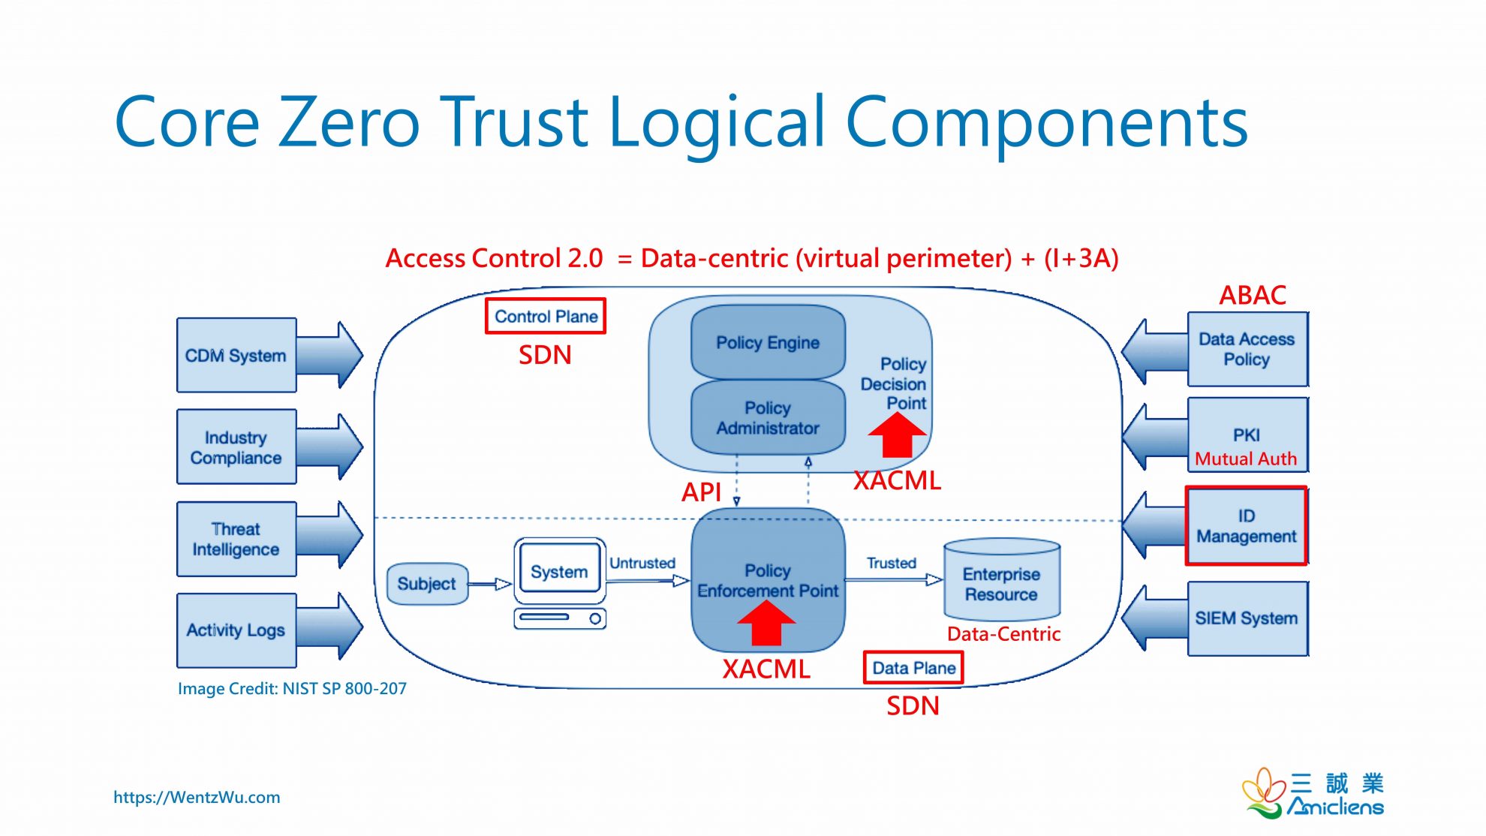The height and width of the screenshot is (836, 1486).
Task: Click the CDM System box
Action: click(236, 355)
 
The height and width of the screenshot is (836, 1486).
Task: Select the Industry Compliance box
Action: click(236, 447)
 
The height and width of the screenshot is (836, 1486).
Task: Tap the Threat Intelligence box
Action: click(236, 539)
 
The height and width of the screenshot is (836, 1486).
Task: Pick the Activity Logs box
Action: click(236, 630)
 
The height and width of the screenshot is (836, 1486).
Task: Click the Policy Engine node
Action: click(767, 342)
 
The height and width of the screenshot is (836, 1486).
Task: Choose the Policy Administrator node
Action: click(767, 418)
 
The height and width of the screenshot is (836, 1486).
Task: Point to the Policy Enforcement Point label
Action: click(767, 581)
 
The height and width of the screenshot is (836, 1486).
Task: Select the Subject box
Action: click(426, 584)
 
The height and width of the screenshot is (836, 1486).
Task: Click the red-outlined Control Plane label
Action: click(546, 317)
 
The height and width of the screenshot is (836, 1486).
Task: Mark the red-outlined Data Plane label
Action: click(913, 668)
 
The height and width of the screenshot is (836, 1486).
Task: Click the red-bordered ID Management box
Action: click(1246, 526)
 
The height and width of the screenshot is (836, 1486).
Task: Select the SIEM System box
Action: click(1246, 618)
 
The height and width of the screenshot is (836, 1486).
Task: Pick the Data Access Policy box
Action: click(1246, 349)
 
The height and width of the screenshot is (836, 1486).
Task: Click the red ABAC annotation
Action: click(1252, 295)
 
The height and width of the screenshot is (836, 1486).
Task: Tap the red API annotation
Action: click(701, 492)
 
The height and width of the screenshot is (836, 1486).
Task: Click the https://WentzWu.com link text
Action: click(197, 797)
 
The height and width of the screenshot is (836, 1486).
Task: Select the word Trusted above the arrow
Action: click(891, 563)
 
